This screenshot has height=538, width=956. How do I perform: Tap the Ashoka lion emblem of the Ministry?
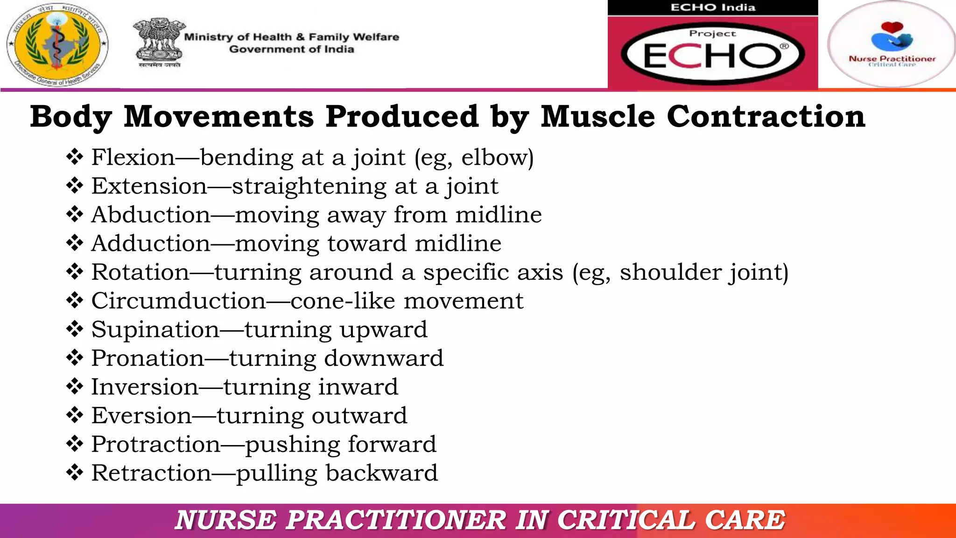pos(159,43)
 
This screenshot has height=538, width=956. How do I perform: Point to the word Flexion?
pos(133,157)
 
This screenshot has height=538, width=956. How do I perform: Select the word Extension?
pos(149,186)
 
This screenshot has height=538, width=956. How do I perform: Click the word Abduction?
pos(151,215)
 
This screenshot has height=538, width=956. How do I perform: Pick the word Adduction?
pos(151,243)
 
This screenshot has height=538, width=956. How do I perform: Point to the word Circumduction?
pos(178,301)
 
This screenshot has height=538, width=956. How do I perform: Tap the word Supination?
pos(155,330)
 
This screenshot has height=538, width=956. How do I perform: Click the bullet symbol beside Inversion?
pos(75,387)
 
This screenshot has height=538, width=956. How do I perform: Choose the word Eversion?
pos(141,416)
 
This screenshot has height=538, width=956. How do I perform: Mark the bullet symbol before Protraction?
pos(75,444)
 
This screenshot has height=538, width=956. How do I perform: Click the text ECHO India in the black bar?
pos(713,7)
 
